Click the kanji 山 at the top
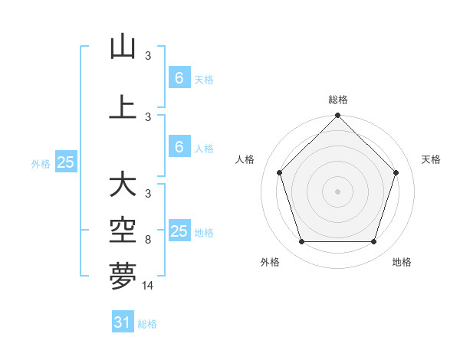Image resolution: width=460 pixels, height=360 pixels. click(x=123, y=47)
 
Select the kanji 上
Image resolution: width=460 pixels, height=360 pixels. click(x=123, y=106)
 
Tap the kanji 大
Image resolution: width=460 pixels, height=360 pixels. click(x=123, y=184)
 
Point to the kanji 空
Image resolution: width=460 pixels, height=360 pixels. click(x=123, y=228)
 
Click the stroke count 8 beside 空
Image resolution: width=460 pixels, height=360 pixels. click(x=148, y=240)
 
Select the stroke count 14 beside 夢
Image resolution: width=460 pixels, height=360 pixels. click(x=148, y=285)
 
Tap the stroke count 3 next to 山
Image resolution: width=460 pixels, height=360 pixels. click(x=148, y=55)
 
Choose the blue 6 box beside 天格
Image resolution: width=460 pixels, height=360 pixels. click(x=179, y=78)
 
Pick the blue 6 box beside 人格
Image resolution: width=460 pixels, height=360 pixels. click(x=179, y=147)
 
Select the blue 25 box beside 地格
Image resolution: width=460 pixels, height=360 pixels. click(x=179, y=231)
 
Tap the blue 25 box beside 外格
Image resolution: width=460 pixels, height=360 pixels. click(x=66, y=162)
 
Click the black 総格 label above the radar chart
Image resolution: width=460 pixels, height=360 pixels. click(x=337, y=100)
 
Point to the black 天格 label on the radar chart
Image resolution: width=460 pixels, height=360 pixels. click(x=432, y=159)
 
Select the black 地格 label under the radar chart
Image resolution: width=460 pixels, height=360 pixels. click(x=402, y=263)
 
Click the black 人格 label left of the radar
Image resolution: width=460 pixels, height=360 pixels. click(x=245, y=159)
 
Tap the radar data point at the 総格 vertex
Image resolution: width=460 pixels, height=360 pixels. click(x=337, y=116)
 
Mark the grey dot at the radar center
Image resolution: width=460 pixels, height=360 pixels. click(x=337, y=191)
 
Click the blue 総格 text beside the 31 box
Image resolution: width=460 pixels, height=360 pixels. click(x=147, y=324)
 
